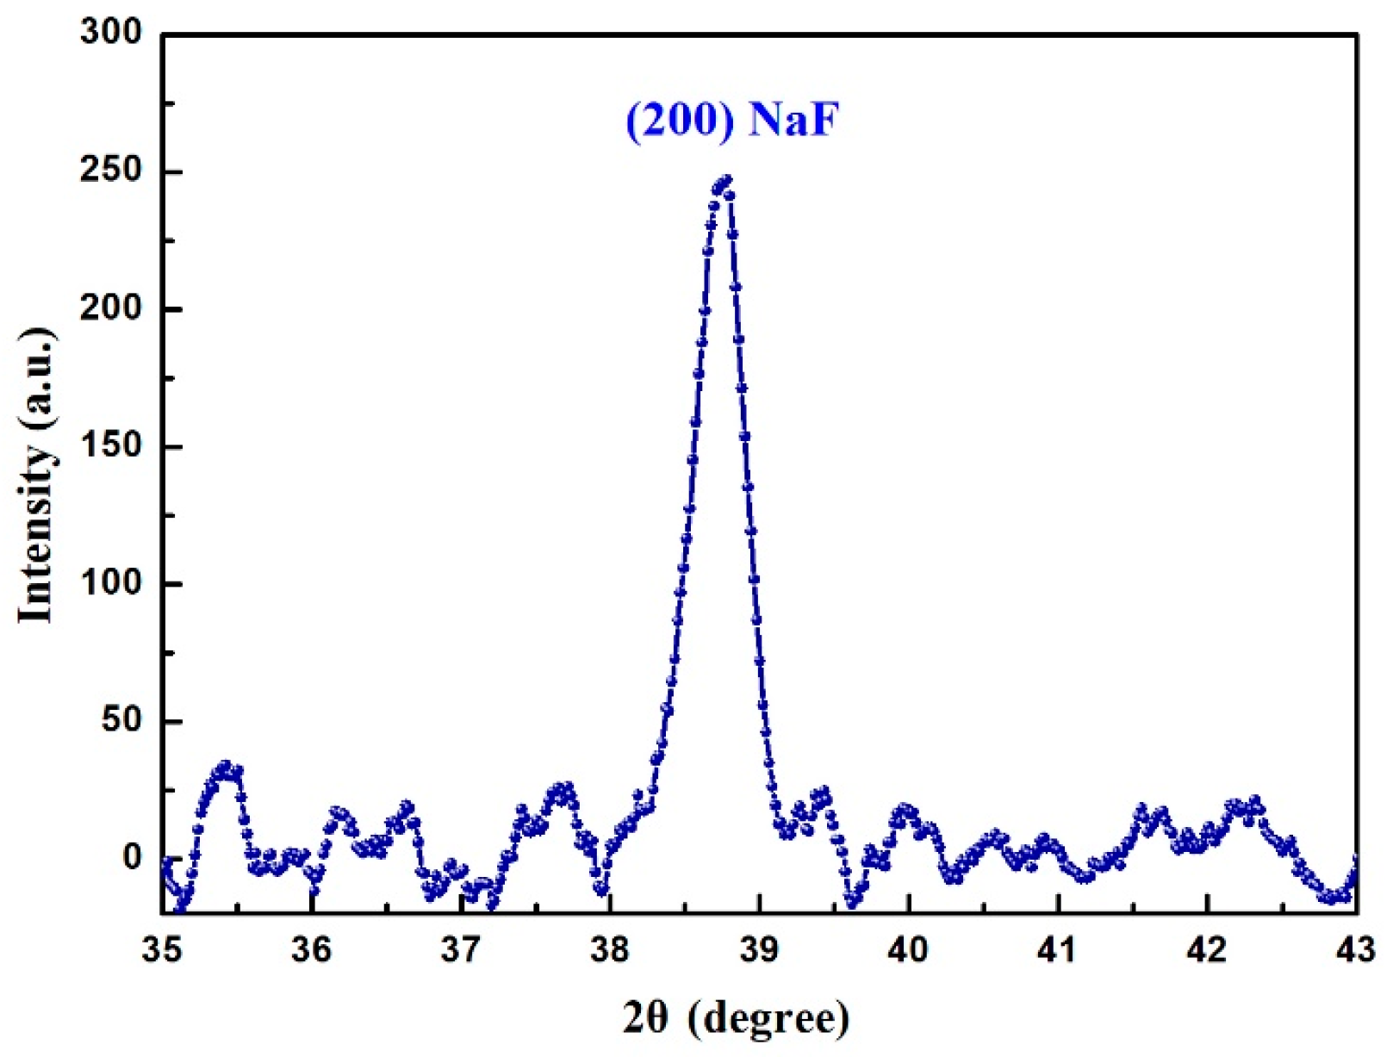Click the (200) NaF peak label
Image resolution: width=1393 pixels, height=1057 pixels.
click(x=731, y=121)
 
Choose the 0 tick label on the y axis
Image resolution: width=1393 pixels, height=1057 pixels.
click(x=132, y=857)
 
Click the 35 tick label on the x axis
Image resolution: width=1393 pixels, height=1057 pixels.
click(x=162, y=949)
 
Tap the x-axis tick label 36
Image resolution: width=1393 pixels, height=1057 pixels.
click(x=311, y=949)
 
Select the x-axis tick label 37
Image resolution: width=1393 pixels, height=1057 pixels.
click(x=460, y=949)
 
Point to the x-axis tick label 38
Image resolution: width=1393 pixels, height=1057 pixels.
click(x=610, y=949)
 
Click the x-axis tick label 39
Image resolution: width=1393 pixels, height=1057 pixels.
click(x=759, y=949)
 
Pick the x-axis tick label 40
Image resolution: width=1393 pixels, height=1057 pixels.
click(x=908, y=949)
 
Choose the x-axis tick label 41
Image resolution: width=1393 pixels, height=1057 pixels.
click(x=1057, y=949)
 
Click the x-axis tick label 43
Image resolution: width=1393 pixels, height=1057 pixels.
click(x=1356, y=949)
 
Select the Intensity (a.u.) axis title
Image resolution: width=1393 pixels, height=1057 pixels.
click(x=36, y=476)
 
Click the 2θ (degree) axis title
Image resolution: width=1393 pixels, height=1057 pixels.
click(x=737, y=1019)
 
